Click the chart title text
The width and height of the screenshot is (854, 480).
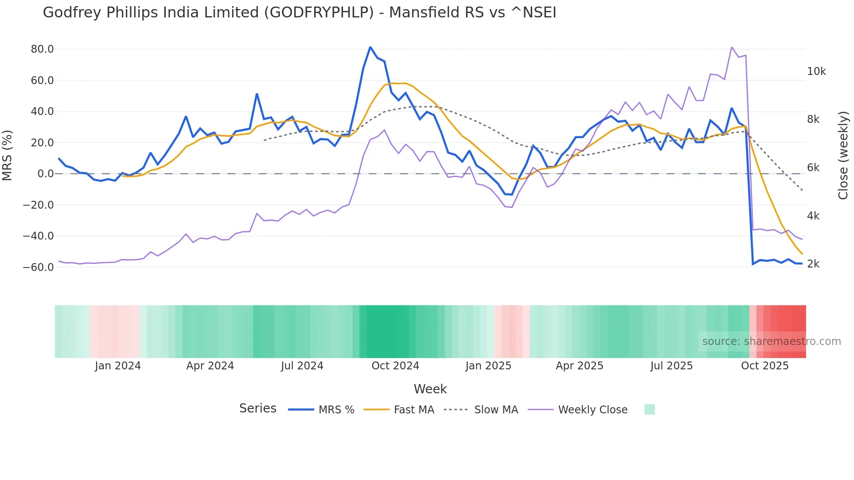coord(299,13)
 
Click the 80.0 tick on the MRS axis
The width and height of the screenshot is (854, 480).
coord(42,49)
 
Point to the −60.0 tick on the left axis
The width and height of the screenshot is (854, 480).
coord(38,267)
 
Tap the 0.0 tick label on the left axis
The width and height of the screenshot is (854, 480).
coord(45,174)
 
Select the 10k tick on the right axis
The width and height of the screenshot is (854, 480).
coord(816,71)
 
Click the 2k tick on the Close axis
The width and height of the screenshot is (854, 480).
coord(813,264)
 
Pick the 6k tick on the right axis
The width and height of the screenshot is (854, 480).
coord(813,168)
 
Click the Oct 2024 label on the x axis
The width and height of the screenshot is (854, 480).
coord(395,366)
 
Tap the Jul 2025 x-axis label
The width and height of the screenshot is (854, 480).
coord(671,366)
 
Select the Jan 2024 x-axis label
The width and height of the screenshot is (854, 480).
coord(118,366)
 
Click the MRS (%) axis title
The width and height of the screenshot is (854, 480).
coord(7,155)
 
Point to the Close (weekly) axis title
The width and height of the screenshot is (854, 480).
coord(843,155)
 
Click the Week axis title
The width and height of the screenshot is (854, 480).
coord(430,389)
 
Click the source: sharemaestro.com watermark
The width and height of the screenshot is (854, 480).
coord(771,341)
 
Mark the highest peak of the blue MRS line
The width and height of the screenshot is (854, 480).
coord(370,47)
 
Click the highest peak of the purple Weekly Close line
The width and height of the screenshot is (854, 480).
coord(732,47)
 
